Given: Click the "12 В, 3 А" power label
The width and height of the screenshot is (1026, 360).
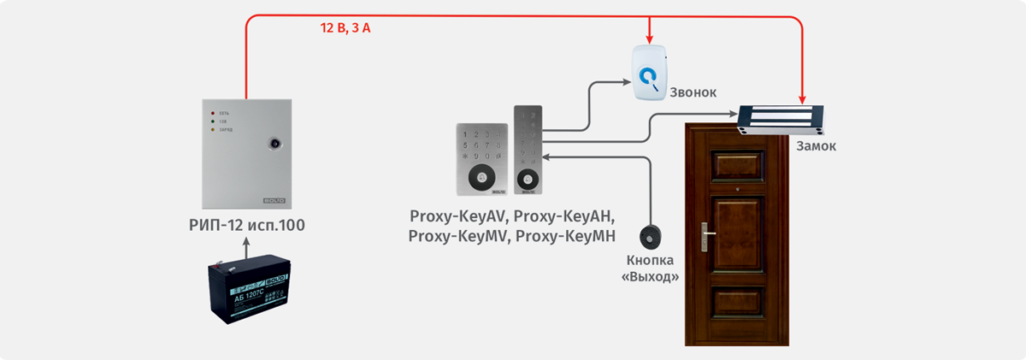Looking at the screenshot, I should click(x=345, y=27).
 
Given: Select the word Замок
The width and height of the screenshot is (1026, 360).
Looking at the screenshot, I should click(x=816, y=146).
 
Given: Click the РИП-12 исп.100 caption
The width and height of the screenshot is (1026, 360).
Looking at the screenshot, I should click(x=246, y=226).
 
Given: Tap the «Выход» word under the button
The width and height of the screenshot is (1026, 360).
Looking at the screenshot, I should click(x=651, y=277).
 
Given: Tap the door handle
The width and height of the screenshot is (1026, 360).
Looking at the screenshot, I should click(x=705, y=231).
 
